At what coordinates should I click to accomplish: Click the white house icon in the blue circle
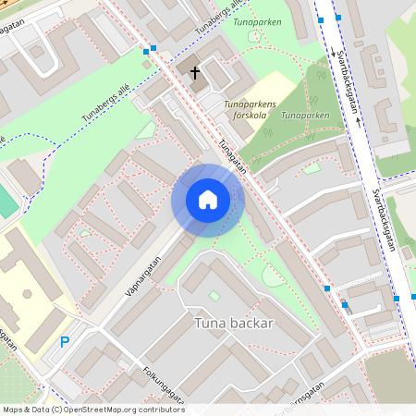[x=208, y=200]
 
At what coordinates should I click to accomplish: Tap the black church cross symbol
[x=195, y=71]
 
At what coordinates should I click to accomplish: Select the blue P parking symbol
[x=65, y=342]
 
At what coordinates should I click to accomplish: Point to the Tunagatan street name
[x=233, y=158]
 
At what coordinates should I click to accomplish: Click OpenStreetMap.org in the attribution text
[x=97, y=409]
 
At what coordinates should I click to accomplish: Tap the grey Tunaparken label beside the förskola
[x=305, y=116]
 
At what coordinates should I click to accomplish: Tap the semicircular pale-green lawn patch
[x=273, y=275]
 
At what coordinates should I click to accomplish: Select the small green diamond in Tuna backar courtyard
[x=214, y=296]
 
